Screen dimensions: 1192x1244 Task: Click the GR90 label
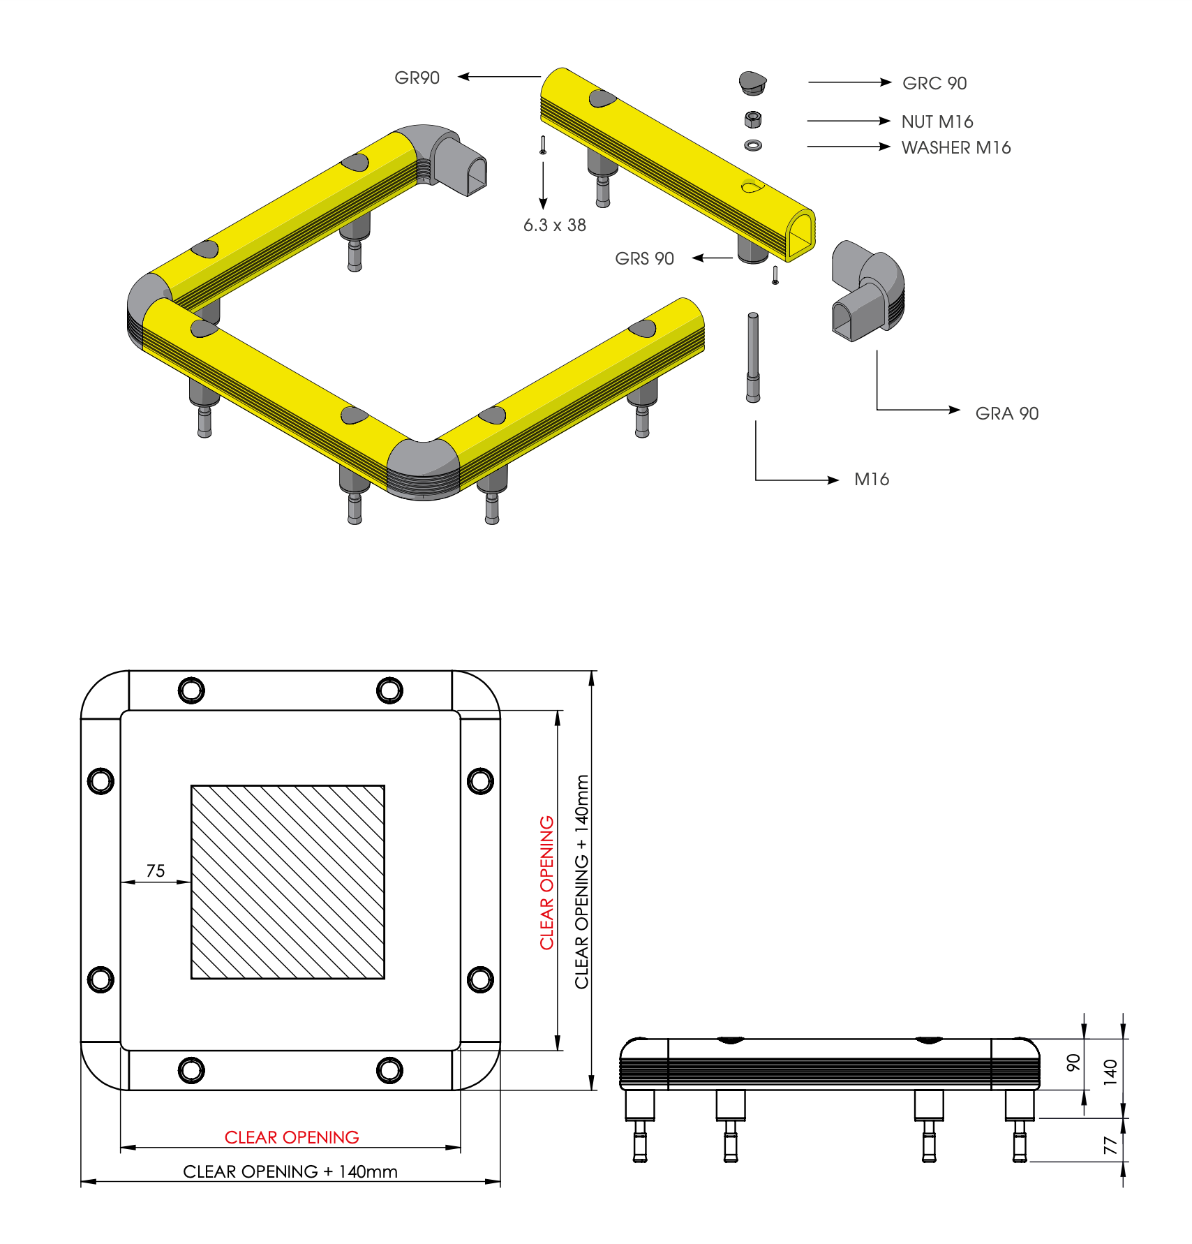click(x=417, y=77)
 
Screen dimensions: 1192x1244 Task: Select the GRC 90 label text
click(x=934, y=83)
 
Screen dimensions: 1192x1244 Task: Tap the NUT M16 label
click(x=937, y=121)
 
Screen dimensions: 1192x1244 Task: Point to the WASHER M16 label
click(x=956, y=147)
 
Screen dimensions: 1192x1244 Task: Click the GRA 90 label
click(x=1007, y=413)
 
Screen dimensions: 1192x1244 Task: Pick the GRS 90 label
click(x=644, y=258)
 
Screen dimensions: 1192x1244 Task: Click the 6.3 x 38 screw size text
click(x=555, y=225)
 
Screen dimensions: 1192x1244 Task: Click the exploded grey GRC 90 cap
click(x=753, y=83)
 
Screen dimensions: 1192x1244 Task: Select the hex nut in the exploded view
click(x=753, y=119)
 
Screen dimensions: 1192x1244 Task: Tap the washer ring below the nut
click(x=753, y=145)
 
